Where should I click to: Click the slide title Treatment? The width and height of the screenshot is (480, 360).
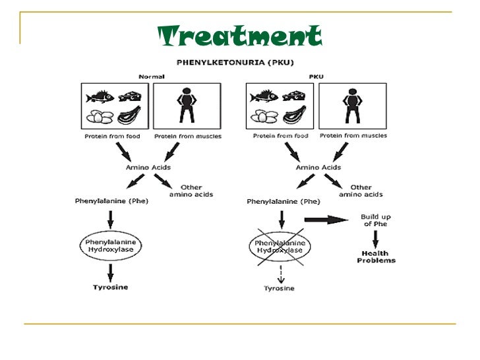(240, 37)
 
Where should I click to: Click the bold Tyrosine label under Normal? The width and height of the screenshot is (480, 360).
(111, 287)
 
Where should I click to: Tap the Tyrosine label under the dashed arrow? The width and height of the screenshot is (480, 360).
(279, 288)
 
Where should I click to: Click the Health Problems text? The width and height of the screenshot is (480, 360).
(376, 256)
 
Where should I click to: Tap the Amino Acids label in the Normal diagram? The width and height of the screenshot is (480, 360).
(148, 167)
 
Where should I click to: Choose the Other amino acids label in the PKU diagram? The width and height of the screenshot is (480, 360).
(361, 191)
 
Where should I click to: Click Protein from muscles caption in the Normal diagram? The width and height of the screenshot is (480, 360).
(187, 136)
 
